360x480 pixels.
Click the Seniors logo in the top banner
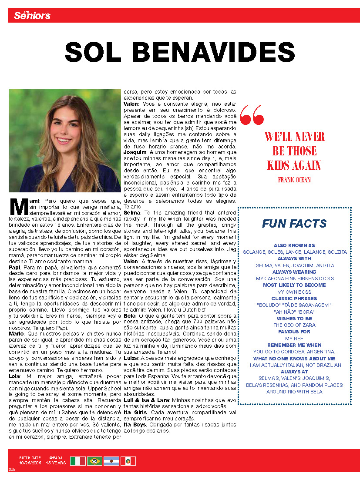(x=32, y=16)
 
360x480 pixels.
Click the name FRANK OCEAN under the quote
(x=294, y=179)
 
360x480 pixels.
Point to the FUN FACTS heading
(x=294, y=224)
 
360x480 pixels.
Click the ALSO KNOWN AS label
(x=295, y=245)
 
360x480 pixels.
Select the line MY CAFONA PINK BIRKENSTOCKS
(x=295, y=279)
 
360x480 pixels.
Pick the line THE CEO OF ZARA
(x=295, y=325)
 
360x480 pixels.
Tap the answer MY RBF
(x=295, y=339)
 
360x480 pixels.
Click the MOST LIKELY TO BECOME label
(x=295, y=285)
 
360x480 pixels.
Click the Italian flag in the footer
(x=78, y=461)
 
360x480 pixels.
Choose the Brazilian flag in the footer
(x=94, y=461)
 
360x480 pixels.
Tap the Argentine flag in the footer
(x=111, y=461)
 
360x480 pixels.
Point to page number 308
(x=12, y=469)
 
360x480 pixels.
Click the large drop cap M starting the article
(x=18, y=207)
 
